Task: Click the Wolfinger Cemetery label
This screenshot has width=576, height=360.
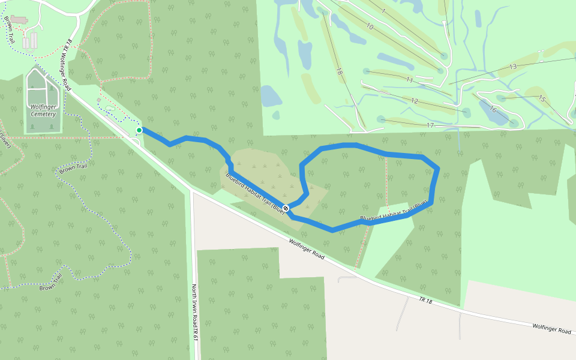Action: click(x=43, y=110)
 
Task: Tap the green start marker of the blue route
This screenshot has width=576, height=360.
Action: click(x=139, y=130)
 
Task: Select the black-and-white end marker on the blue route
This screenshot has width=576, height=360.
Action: click(x=286, y=208)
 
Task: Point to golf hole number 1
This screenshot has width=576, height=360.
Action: click(x=383, y=11)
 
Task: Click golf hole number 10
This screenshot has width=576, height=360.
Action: click(x=370, y=27)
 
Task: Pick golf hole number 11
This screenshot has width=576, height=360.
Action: click(x=410, y=80)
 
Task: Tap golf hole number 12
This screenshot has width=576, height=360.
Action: click(x=414, y=101)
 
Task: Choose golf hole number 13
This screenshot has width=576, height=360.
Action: click(x=512, y=67)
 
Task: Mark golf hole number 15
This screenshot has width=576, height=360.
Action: click(x=541, y=98)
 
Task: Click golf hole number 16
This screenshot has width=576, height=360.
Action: click(x=493, y=109)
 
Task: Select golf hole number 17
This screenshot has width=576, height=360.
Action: click(x=430, y=125)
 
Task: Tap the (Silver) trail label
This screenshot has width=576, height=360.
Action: click(x=5, y=140)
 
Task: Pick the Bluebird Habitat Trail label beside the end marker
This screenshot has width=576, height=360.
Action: click(x=254, y=193)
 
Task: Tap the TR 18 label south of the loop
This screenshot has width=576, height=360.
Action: click(x=425, y=299)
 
